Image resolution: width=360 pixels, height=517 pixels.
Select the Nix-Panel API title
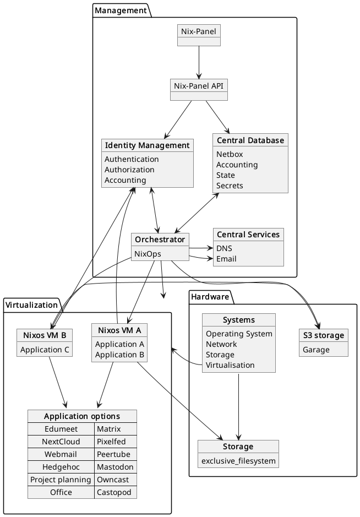(x=199, y=86)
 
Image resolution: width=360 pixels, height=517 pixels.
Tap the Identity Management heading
(x=148, y=145)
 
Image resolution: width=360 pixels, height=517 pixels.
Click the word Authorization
(x=129, y=170)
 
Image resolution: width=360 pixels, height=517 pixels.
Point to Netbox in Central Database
(x=230, y=154)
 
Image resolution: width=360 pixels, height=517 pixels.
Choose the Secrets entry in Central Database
(x=230, y=186)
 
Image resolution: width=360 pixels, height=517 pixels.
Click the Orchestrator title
(x=160, y=240)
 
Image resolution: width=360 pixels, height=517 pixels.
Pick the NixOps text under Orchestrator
(x=148, y=254)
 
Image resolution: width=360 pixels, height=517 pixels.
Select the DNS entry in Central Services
(x=224, y=248)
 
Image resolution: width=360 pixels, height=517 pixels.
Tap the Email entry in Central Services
(x=226, y=259)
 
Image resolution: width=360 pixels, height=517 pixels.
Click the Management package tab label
(x=121, y=10)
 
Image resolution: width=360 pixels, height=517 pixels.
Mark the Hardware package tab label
(x=210, y=297)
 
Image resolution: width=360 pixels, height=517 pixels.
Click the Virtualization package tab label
(x=31, y=304)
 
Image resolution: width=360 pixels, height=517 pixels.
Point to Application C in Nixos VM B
(x=44, y=350)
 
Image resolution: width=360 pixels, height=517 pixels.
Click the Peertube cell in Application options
(x=110, y=454)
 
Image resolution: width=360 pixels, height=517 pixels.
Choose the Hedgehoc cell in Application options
(x=61, y=467)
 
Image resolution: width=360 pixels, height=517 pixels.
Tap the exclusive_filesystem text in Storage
(x=238, y=460)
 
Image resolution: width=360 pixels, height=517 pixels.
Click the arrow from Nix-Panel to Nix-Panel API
(x=199, y=62)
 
